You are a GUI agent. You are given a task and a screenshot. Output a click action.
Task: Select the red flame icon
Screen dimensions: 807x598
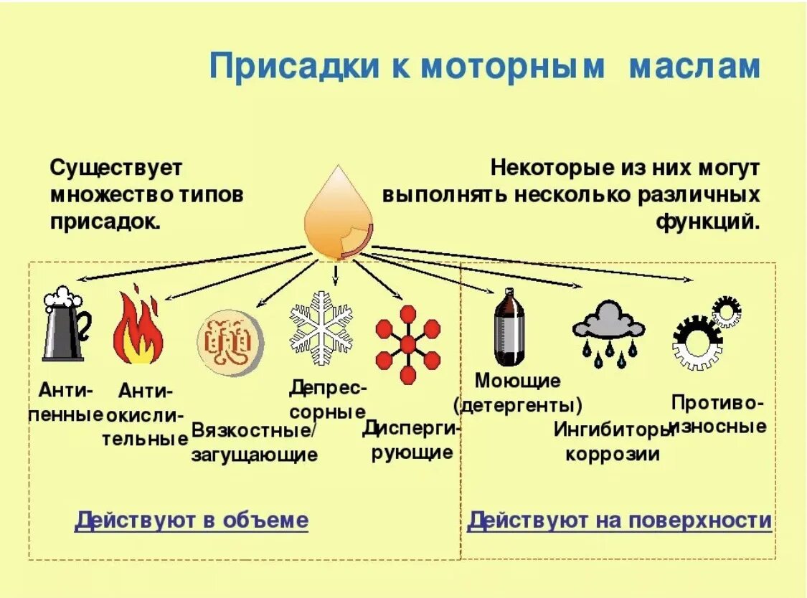138,326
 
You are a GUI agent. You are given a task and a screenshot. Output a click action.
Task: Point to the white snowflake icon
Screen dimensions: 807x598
321,322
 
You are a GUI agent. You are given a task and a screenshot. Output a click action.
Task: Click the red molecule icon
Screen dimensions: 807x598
407,344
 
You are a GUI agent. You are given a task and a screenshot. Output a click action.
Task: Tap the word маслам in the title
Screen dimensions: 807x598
694,67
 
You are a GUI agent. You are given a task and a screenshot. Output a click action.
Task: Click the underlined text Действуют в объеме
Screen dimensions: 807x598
192,521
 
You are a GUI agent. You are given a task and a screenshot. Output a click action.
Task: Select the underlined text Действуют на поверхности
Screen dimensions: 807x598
619,521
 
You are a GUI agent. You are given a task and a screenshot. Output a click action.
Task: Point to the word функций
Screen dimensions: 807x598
707,221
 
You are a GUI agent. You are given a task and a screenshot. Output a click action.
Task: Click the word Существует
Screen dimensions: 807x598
116,169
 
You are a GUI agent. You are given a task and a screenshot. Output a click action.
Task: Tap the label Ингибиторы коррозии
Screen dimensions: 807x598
613,442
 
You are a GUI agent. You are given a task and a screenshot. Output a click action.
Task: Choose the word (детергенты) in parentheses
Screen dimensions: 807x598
517,405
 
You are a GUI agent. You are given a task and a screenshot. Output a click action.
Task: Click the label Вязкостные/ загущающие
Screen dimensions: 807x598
254,442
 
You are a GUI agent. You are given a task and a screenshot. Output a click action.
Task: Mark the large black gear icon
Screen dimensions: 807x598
696,345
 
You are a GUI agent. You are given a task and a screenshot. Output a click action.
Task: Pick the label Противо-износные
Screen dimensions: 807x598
718,414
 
